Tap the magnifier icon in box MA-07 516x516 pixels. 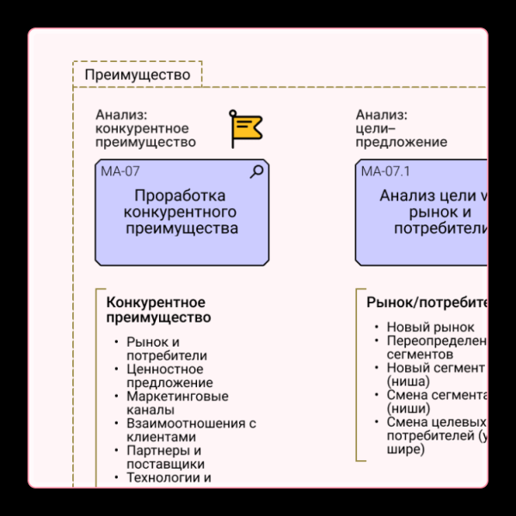256,171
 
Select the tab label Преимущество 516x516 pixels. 138,75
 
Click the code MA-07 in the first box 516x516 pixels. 120,171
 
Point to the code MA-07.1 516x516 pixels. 386,171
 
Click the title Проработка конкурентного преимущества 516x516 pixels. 181,212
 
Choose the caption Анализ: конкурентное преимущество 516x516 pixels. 145,128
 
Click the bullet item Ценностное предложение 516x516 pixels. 169,376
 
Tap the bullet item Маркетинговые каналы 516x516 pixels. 177,403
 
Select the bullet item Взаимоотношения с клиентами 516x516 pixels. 191,430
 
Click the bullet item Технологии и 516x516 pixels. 169,478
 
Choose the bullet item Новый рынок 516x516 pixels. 430,327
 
